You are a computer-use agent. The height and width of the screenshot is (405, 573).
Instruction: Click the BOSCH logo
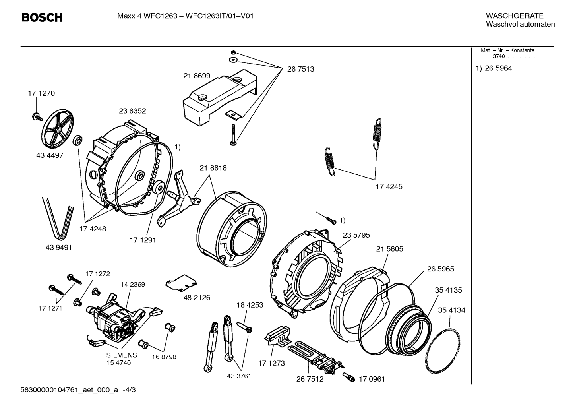coord(42,17)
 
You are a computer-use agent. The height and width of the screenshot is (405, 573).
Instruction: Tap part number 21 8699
coord(197,76)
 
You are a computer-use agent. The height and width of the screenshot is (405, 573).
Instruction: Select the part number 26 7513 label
coord(300,69)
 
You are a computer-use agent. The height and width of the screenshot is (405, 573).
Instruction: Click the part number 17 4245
coord(389,186)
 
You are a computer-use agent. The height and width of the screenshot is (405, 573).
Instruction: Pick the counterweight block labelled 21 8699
coord(220,97)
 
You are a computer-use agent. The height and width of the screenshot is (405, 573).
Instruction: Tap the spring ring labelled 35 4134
coord(443,351)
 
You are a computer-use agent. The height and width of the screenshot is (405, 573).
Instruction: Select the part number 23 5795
coord(356,235)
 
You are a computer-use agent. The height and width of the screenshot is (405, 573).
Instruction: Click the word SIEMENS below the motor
coord(122,355)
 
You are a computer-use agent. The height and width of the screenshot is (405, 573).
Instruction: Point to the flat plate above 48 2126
coord(181,283)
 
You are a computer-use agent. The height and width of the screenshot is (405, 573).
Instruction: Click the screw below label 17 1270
coord(38,117)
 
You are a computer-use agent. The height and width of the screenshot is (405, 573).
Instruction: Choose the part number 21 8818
coord(213,168)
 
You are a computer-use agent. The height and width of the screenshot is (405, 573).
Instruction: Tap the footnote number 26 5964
coord(498,68)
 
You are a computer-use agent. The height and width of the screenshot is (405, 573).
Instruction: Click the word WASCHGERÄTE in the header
coord(515,16)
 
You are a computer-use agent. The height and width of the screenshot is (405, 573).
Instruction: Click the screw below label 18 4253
coord(245,327)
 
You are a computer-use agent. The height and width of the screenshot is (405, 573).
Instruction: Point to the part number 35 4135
coord(448,290)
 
